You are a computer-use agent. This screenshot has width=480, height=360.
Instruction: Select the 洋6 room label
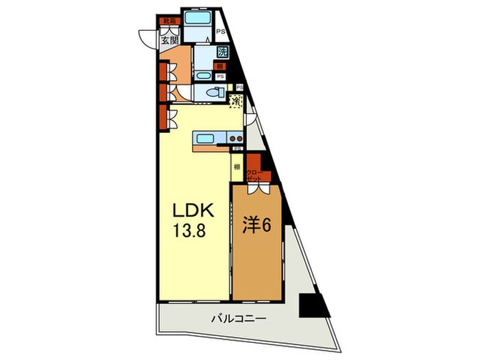tap(256, 226)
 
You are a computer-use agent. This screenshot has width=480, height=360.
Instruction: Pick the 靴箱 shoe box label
tap(169, 21)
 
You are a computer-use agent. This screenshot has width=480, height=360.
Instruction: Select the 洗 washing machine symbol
tap(222, 51)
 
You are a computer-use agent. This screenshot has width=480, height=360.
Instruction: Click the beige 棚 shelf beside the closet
tap(237, 167)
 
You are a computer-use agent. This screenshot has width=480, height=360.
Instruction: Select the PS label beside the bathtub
tap(221, 31)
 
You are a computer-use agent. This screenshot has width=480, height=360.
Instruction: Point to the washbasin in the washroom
tap(203, 75)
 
